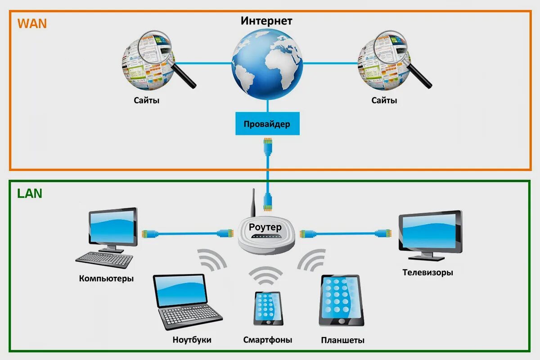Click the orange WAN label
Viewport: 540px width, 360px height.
[32, 23]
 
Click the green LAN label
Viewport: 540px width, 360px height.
[30, 193]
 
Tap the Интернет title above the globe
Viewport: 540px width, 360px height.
[266, 21]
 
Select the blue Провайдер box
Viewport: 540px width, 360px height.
[267, 124]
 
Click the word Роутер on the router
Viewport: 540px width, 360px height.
[265, 227]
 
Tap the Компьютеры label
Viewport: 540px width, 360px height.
[106, 278]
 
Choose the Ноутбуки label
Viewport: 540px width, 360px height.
[192, 339]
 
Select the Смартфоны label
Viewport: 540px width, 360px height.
[267, 339]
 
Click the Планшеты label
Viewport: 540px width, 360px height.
[342, 340]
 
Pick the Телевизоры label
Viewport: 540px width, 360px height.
[427, 272]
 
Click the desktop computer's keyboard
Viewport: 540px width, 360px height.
[104, 259]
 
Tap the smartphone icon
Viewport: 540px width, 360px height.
[268, 308]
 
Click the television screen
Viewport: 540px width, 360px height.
[430, 233]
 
